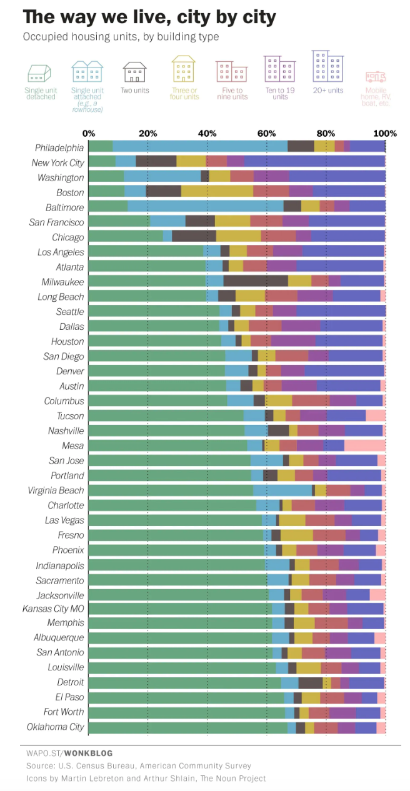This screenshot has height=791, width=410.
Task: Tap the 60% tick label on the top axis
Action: tap(266, 133)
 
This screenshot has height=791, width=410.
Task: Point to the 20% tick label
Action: tap(147, 133)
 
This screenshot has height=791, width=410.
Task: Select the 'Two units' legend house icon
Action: tap(134, 72)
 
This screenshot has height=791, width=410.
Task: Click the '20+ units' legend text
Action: tap(327, 91)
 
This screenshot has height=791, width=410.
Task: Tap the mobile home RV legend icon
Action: tap(376, 77)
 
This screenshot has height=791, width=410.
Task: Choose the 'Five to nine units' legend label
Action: tap(231, 94)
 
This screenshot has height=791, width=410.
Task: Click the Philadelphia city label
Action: tap(59, 148)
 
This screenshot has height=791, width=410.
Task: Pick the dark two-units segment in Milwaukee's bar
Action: tap(256, 281)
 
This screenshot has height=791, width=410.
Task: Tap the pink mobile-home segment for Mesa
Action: tap(364, 445)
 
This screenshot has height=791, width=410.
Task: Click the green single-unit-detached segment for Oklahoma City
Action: tap(187, 727)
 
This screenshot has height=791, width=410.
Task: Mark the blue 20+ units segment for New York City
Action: tap(314, 162)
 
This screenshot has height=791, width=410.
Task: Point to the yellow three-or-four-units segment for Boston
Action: tap(217, 192)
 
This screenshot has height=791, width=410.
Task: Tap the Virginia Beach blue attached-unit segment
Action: tap(282, 490)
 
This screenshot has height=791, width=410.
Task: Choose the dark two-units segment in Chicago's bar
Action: tap(194, 237)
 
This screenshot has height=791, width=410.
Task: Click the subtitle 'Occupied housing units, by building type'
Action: tap(121, 37)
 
